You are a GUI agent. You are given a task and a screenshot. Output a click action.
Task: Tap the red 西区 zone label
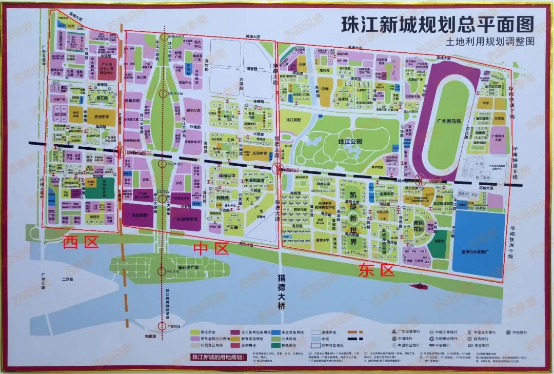point(80,243)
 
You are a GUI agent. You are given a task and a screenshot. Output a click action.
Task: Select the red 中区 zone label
point(210,249)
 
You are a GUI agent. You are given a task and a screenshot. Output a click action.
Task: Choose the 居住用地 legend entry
point(205,332)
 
